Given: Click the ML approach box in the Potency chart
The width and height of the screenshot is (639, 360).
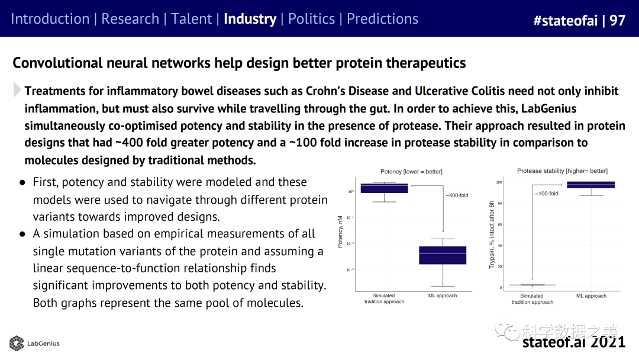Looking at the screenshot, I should click(x=443, y=255).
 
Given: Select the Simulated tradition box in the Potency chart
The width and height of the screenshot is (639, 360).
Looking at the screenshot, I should click(x=384, y=188).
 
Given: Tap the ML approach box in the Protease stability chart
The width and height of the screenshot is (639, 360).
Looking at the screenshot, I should click(x=591, y=185).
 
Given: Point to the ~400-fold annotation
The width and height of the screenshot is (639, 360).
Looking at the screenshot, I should click(x=456, y=195).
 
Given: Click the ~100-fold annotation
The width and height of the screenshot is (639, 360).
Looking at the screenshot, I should click(x=546, y=194).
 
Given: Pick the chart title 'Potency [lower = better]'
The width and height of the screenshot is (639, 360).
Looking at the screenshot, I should click(x=412, y=172).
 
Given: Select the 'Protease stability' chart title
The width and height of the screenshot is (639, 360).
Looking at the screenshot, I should click(x=562, y=171).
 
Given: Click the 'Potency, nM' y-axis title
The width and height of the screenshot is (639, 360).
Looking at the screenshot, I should click(x=340, y=232).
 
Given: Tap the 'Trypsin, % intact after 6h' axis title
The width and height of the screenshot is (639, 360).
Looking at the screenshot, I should click(x=492, y=234).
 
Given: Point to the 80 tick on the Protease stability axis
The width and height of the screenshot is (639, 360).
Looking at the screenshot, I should click(x=499, y=204).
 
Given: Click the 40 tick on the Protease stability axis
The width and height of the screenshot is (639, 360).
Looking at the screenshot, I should click(x=499, y=246).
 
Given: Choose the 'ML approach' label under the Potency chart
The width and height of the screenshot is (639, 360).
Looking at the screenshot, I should click(x=443, y=295).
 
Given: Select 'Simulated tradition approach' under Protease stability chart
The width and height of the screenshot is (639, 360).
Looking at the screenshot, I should click(x=532, y=298).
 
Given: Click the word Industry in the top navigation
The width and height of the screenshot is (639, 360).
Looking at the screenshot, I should click(x=250, y=19).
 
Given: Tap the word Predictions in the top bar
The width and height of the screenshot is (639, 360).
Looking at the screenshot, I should click(x=382, y=19).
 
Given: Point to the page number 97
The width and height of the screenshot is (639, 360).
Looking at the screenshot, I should click(x=617, y=21).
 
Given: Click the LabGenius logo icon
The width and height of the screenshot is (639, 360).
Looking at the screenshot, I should click(x=17, y=343).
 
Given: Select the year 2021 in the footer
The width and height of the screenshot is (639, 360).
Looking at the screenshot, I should click(x=608, y=342).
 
